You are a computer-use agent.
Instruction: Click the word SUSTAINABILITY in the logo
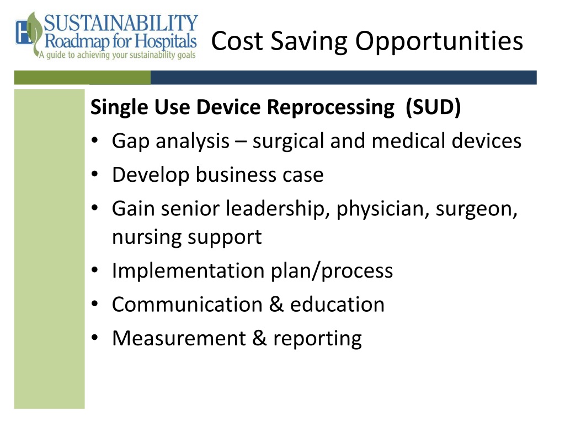click(x=121, y=23)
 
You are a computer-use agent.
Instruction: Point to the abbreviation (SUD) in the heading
click(x=433, y=107)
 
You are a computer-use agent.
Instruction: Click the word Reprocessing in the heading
click(x=331, y=108)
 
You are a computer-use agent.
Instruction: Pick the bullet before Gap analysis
click(x=95, y=140)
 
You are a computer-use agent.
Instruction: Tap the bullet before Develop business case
click(x=95, y=175)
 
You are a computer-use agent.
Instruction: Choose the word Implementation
click(x=189, y=271)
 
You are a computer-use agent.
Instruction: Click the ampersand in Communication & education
click(x=276, y=304)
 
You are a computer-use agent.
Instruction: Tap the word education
click(x=337, y=304)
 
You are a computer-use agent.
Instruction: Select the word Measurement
click(x=179, y=339)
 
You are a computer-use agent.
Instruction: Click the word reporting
click(x=317, y=339)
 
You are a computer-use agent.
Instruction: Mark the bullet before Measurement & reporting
click(x=95, y=338)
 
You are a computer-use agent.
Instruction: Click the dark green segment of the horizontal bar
click(x=82, y=77)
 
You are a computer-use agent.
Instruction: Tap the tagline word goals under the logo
click(x=186, y=56)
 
